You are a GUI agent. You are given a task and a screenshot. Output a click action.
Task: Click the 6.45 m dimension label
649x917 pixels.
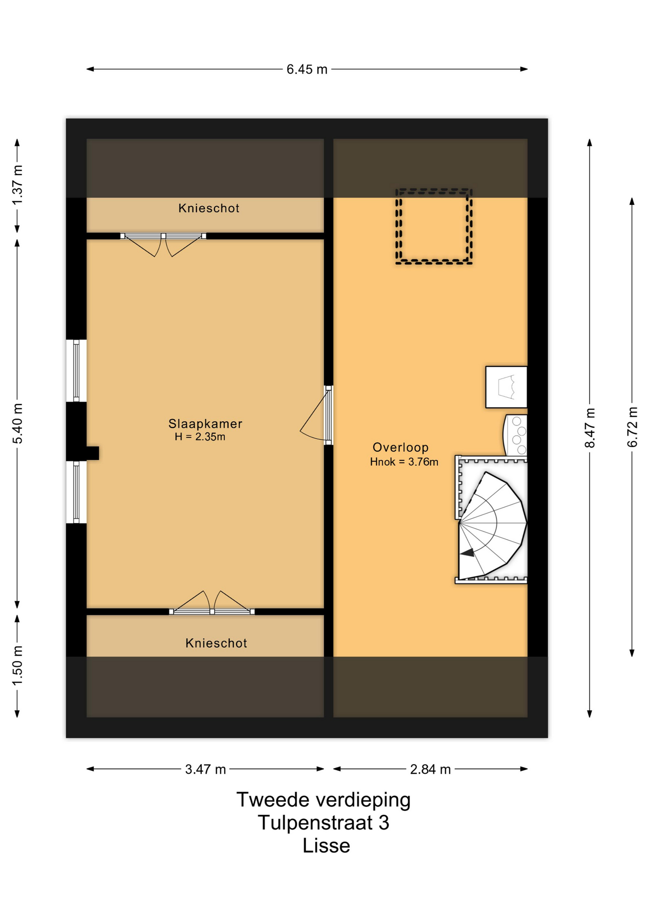click(307, 70)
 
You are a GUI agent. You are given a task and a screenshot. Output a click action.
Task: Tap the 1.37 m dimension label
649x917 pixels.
click(18, 185)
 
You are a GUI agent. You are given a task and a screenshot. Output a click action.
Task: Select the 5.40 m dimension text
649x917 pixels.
click(18, 423)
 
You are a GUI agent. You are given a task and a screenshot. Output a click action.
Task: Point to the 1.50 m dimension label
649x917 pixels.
click(18, 665)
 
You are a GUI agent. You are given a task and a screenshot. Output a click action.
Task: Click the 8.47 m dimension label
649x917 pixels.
click(590, 428)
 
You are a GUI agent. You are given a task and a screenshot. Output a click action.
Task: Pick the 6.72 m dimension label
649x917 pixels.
click(632, 427)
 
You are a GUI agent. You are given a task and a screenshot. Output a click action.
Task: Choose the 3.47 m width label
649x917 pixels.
click(206, 769)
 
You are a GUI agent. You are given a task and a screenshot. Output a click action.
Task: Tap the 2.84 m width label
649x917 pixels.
click(431, 769)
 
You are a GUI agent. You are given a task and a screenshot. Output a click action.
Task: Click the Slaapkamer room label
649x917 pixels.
click(206, 424)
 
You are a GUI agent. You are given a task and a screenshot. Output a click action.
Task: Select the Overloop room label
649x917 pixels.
click(400, 448)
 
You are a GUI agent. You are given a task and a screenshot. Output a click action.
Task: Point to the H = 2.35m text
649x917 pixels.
click(200, 437)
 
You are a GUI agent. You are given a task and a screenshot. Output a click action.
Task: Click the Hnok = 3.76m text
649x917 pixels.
click(404, 462)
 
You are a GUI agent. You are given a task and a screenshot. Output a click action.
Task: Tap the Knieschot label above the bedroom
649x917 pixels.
click(209, 208)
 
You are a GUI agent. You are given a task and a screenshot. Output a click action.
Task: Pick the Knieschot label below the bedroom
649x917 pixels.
click(216, 643)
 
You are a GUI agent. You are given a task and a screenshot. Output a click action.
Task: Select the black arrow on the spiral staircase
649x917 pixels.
click(467, 553)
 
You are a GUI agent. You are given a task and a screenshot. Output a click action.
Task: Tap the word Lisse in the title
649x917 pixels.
click(326, 846)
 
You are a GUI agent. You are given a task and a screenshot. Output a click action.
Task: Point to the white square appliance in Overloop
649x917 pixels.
click(506, 387)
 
